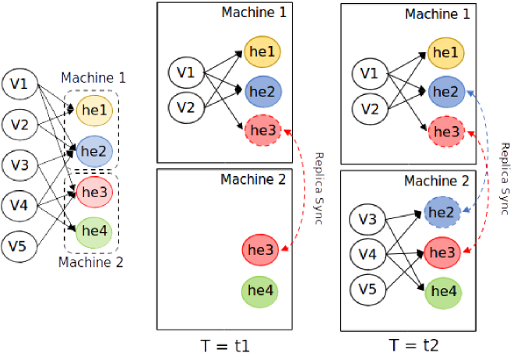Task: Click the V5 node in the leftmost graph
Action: [x=19, y=246]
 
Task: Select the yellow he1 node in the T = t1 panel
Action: [x=262, y=51]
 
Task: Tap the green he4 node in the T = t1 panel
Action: [x=260, y=291]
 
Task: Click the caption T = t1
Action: [x=225, y=346]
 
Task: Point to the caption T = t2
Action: [x=413, y=345]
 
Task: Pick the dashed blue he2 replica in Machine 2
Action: [x=442, y=212]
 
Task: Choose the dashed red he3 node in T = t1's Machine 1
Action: [x=263, y=130]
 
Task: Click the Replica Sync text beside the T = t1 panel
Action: [x=318, y=189]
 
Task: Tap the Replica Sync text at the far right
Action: [x=505, y=179]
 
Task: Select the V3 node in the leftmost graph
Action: [x=19, y=165]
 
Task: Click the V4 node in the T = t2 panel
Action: [x=368, y=254]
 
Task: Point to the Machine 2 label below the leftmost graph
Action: [x=90, y=263]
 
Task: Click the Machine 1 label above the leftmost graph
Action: [x=93, y=78]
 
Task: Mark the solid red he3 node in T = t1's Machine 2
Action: [x=261, y=250]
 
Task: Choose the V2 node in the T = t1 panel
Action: [x=186, y=108]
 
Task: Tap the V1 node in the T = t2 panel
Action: [x=370, y=73]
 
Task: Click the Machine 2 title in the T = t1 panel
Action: [x=253, y=179]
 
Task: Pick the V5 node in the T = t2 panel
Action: [x=368, y=289]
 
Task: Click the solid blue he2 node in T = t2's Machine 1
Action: [x=446, y=92]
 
